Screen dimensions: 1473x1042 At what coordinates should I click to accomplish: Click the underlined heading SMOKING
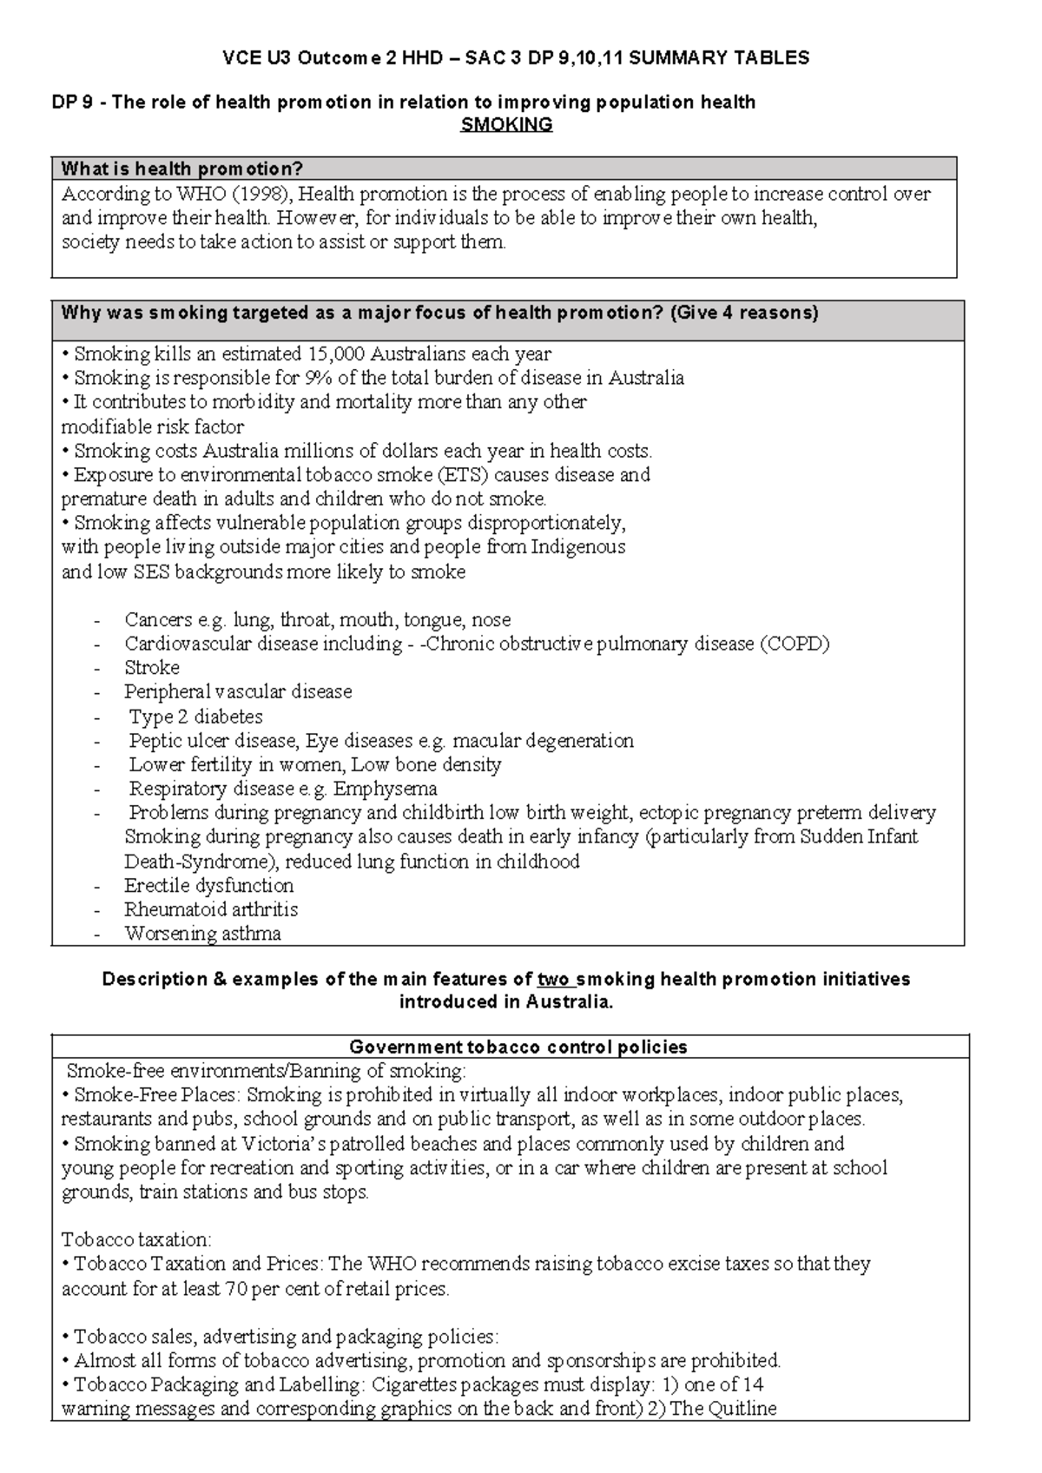[506, 124]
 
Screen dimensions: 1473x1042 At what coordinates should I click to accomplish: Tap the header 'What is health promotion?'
[181, 168]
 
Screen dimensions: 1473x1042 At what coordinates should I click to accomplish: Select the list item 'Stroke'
[152, 668]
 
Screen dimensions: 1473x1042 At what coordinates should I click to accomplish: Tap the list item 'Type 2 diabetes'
[195, 717]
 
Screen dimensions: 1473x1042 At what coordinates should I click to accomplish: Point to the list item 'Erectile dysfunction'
[208, 886]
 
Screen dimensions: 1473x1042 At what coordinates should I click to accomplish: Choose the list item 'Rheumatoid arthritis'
[211, 909]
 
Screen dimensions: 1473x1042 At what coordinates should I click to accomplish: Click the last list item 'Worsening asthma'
[202, 934]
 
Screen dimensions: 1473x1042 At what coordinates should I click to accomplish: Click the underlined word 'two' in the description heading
[554, 979]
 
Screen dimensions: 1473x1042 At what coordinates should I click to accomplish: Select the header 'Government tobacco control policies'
[518, 1047]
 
